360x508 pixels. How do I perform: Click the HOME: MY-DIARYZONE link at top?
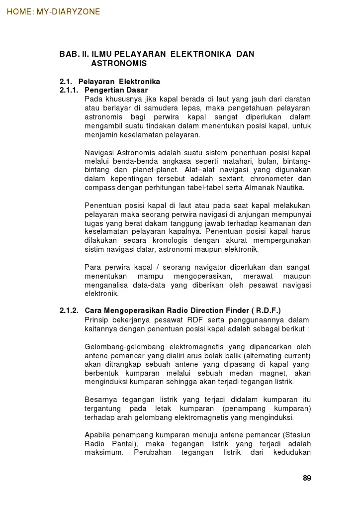(x=53, y=11)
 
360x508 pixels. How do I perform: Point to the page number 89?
(x=307, y=478)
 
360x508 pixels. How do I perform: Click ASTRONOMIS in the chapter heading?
(x=119, y=64)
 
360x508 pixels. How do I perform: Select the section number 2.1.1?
(x=69, y=90)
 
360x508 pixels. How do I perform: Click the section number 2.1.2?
(x=69, y=310)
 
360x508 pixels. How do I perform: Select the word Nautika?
(x=290, y=188)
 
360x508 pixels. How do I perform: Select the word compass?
(x=99, y=188)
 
